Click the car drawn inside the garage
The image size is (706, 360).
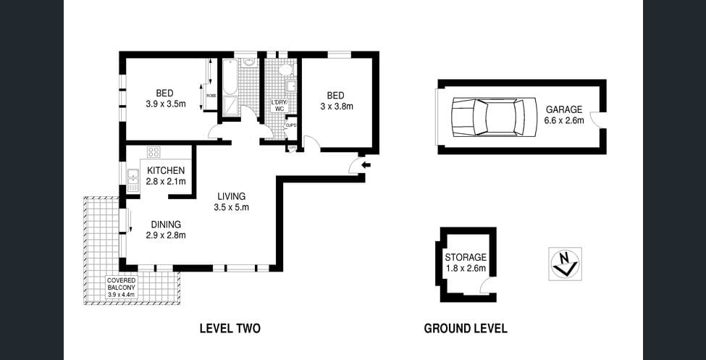487,117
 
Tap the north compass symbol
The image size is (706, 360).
565,263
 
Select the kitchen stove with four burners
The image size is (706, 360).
154,152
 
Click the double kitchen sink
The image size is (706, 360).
133,180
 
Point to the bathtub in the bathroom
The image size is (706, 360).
230,77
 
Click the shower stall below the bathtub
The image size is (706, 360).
230,106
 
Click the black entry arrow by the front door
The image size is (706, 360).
366,165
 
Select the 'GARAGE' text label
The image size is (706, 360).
564,109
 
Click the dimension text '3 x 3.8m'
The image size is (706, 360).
336,106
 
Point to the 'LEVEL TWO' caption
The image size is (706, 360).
230,328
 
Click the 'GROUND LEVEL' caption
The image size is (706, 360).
465,328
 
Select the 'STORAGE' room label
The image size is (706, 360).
466,257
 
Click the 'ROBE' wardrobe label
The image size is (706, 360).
211,96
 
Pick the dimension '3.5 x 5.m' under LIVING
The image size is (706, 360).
231,207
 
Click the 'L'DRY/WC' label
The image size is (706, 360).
280,106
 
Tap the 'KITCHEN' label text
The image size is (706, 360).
166,170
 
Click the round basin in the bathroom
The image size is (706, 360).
248,63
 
